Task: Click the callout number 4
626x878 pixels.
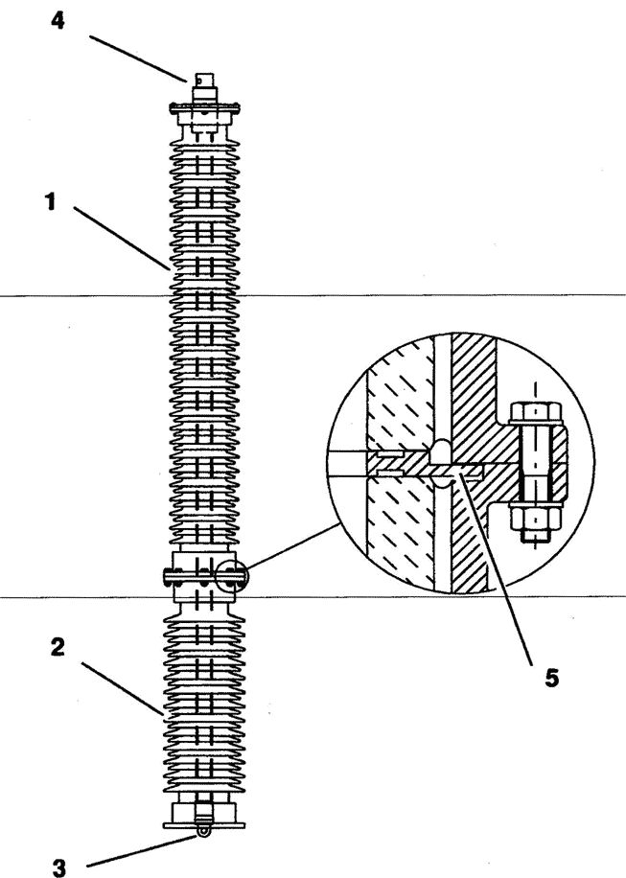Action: (58, 21)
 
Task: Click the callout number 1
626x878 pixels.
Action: (51, 201)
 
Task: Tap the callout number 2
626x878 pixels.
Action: (58, 647)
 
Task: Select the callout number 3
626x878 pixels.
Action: (58, 867)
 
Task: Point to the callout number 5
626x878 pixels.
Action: (551, 678)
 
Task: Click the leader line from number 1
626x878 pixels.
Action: (122, 238)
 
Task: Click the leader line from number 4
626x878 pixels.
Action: (138, 58)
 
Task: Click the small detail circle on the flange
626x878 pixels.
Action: (230, 576)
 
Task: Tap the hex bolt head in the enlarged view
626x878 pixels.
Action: (536, 413)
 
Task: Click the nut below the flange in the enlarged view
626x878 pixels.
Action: (536, 518)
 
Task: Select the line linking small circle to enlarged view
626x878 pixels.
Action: (292, 547)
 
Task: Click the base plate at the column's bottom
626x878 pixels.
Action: (205, 825)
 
